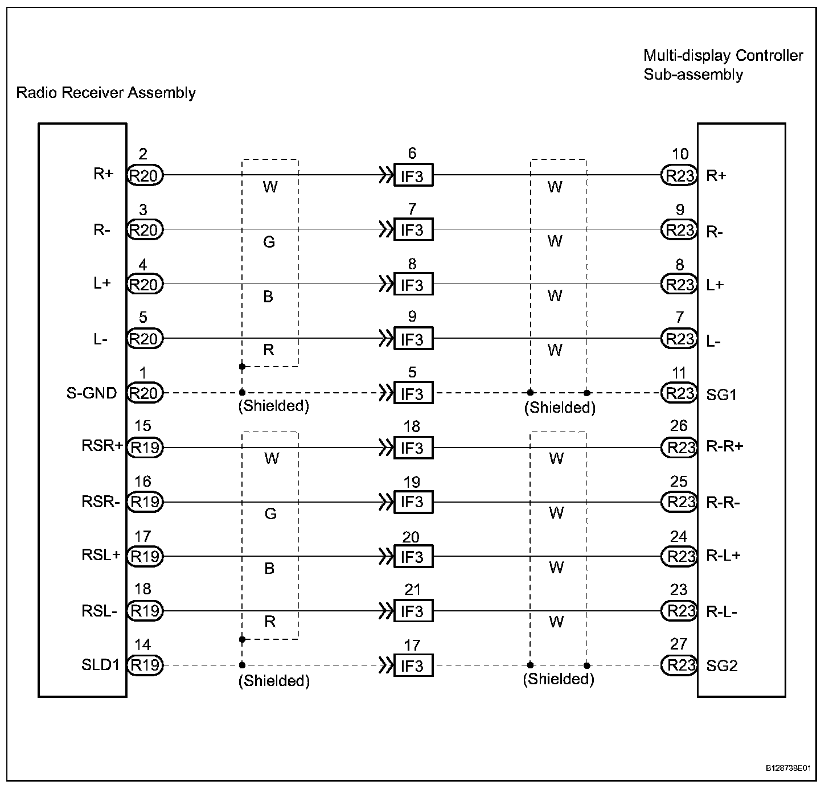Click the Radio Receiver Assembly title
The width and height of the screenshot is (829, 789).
[106, 93]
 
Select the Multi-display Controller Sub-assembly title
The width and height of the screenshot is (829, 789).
[723, 65]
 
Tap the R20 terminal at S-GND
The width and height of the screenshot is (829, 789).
[145, 393]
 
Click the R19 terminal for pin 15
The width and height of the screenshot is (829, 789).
[145, 447]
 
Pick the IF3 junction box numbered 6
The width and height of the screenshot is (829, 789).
[413, 175]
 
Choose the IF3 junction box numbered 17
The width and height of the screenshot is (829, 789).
[413, 665]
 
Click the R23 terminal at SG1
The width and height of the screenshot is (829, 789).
[679, 393]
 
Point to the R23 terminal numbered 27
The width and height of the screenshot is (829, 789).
[679, 665]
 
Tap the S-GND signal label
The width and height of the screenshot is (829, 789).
[92, 393]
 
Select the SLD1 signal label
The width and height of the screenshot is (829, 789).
[100, 665]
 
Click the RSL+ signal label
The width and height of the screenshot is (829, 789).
[101, 555]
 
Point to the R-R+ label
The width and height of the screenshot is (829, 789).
[724, 446]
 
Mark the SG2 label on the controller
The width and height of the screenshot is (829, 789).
[721, 665]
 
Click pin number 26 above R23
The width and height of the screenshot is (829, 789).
[679, 426]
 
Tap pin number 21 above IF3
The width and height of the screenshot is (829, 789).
[412, 590]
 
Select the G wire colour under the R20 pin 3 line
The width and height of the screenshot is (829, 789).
[269, 243]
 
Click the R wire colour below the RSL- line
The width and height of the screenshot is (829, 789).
[270, 622]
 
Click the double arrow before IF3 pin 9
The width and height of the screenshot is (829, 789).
[386, 339]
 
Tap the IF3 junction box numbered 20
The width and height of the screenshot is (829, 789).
[413, 557]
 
